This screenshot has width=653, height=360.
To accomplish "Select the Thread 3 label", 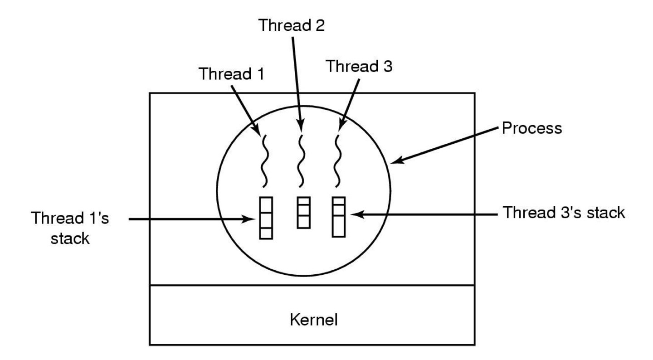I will click(x=360, y=67).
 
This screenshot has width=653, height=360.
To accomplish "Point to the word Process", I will click(x=531, y=128).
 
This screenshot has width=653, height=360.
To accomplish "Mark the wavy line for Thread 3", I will click(x=337, y=162).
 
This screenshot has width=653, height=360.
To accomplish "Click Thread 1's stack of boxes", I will click(x=265, y=218).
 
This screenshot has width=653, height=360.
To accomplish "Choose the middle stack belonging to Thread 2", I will click(x=303, y=212).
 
